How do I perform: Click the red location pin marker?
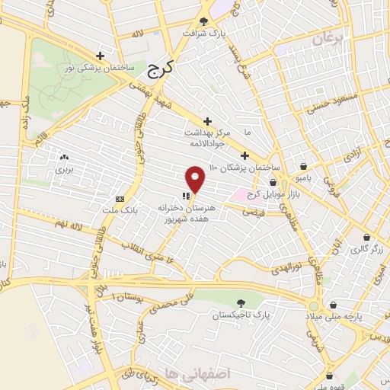[x=196, y=178]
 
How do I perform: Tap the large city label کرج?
[x=159, y=69]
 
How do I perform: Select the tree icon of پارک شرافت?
[x=203, y=21]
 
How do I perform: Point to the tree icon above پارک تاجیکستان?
[x=241, y=303]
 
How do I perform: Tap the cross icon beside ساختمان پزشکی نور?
[x=101, y=55]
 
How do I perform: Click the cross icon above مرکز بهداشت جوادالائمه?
[x=208, y=120]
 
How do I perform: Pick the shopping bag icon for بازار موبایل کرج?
[x=273, y=182]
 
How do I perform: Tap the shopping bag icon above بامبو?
[x=304, y=166]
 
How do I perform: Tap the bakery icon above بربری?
[x=62, y=158]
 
